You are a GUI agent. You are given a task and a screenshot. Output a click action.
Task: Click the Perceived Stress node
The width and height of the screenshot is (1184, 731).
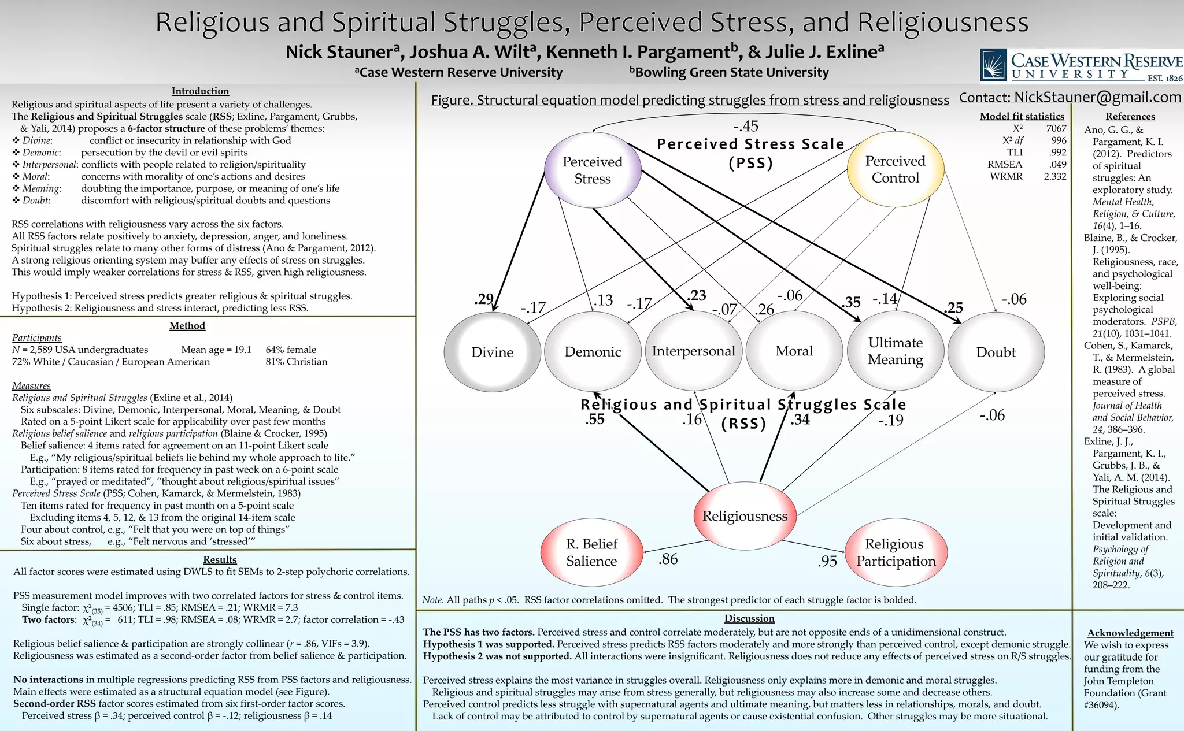[x=593, y=170]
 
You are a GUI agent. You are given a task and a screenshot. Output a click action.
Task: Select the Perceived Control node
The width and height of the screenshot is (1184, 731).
[x=895, y=169]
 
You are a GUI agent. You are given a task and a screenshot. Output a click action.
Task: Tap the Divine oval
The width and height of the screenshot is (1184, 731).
[x=492, y=352]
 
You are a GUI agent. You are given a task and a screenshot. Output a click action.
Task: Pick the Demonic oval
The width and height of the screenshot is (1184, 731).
[x=593, y=352]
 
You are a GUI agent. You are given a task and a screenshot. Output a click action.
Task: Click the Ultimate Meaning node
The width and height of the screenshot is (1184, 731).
[x=895, y=351]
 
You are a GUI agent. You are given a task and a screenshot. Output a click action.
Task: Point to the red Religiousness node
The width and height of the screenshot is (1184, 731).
[x=745, y=516]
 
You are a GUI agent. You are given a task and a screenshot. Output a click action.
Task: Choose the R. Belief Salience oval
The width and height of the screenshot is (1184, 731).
[x=591, y=552]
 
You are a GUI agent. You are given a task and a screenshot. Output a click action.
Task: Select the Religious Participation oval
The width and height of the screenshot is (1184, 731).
[x=896, y=552]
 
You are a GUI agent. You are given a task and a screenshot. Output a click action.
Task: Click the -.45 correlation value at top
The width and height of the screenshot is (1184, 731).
[x=745, y=127]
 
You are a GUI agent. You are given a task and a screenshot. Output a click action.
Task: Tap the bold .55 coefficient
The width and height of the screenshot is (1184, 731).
[x=595, y=420]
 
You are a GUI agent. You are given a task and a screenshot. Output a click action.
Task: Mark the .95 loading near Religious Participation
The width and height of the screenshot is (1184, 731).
[x=827, y=561]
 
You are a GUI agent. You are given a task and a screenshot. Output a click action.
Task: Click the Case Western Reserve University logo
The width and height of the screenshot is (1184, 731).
[x=1081, y=65]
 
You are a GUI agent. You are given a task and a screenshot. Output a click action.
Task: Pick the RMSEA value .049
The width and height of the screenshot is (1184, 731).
[x=1057, y=164]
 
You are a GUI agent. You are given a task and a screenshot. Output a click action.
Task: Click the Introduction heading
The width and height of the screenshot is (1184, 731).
[x=200, y=91]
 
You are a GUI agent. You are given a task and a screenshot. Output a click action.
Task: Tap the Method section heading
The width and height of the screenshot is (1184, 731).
[x=187, y=326]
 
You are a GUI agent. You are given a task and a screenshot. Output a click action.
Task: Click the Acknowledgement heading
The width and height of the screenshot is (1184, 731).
[x=1130, y=633]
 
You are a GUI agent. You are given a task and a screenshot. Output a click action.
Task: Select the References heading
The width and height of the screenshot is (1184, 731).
[x=1130, y=116]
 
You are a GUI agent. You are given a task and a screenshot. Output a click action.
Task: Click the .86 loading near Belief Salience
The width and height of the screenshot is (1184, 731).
[x=668, y=559]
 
